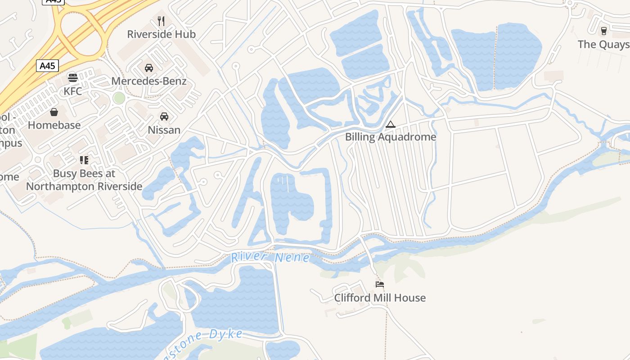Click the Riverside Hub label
(x=161, y=34)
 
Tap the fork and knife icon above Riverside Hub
(x=161, y=21)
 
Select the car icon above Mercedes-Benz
(x=148, y=68)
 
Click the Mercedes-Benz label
(x=148, y=81)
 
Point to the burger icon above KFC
(x=72, y=78)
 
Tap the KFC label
(x=72, y=91)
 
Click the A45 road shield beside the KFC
(x=47, y=66)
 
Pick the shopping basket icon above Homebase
(x=54, y=112)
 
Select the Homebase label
(x=54, y=125)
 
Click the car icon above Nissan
(x=164, y=117)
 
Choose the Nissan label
(x=164, y=130)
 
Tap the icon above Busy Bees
(x=84, y=160)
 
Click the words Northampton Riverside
(x=84, y=186)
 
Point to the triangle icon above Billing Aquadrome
(x=391, y=124)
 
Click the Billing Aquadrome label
(x=391, y=137)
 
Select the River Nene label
(x=270, y=258)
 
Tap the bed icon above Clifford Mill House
(x=380, y=284)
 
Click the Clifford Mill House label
(x=380, y=298)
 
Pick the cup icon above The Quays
(x=604, y=31)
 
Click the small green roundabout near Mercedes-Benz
(x=119, y=98)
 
